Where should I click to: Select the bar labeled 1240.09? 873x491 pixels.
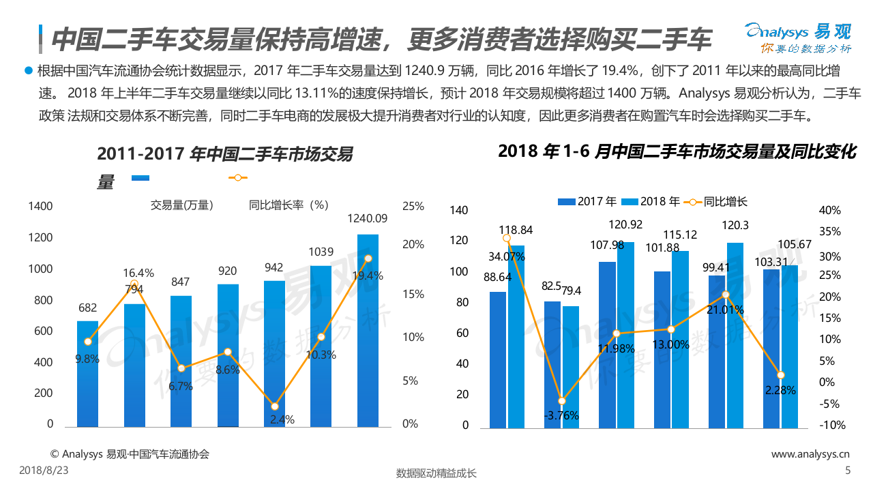point(368,331)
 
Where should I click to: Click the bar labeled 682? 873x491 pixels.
point(87,374)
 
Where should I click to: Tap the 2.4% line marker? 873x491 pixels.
point(274,406)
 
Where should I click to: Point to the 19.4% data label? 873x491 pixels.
point(368,276)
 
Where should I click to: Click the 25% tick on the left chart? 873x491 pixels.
point(413,206)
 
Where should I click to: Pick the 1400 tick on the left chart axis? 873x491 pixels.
point(40,206)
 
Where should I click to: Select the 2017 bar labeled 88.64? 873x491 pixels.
point(498,360)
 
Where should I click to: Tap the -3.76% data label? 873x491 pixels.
point(562,415)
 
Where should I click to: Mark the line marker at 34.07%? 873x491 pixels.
point(507,238)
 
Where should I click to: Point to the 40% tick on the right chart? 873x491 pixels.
point(829,211)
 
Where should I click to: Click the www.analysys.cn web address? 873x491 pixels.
point(810,454)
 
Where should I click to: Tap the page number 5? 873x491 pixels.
point(848,470)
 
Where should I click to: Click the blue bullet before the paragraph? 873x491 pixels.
point(28,70)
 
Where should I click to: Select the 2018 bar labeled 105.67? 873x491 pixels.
point(789,346)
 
